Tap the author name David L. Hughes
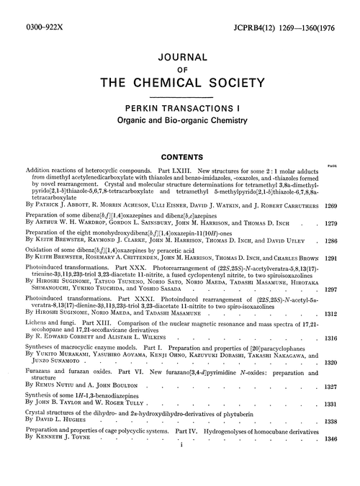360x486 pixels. click(x=68, y=439)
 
